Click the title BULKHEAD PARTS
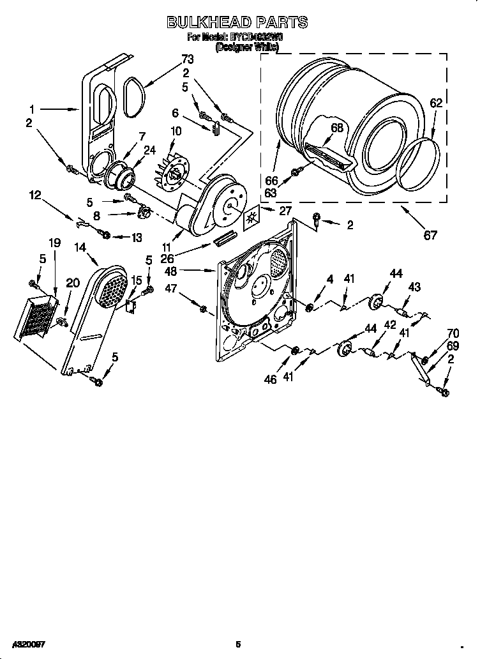pyautogui.click(x=237, y=22)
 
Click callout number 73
pyautogui.click(x=187, y=59)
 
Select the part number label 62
pyautogui.click(x=436, y=103)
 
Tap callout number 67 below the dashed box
pyautogui.click(x=431, y=235)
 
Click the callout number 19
pyautogui.click(x=54, y=243)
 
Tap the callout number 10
pyautogui.click(x=176, y=132)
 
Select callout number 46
pyautogui.click(x=270, y=379)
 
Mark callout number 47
pyautogui.click(x=170, y=289)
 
